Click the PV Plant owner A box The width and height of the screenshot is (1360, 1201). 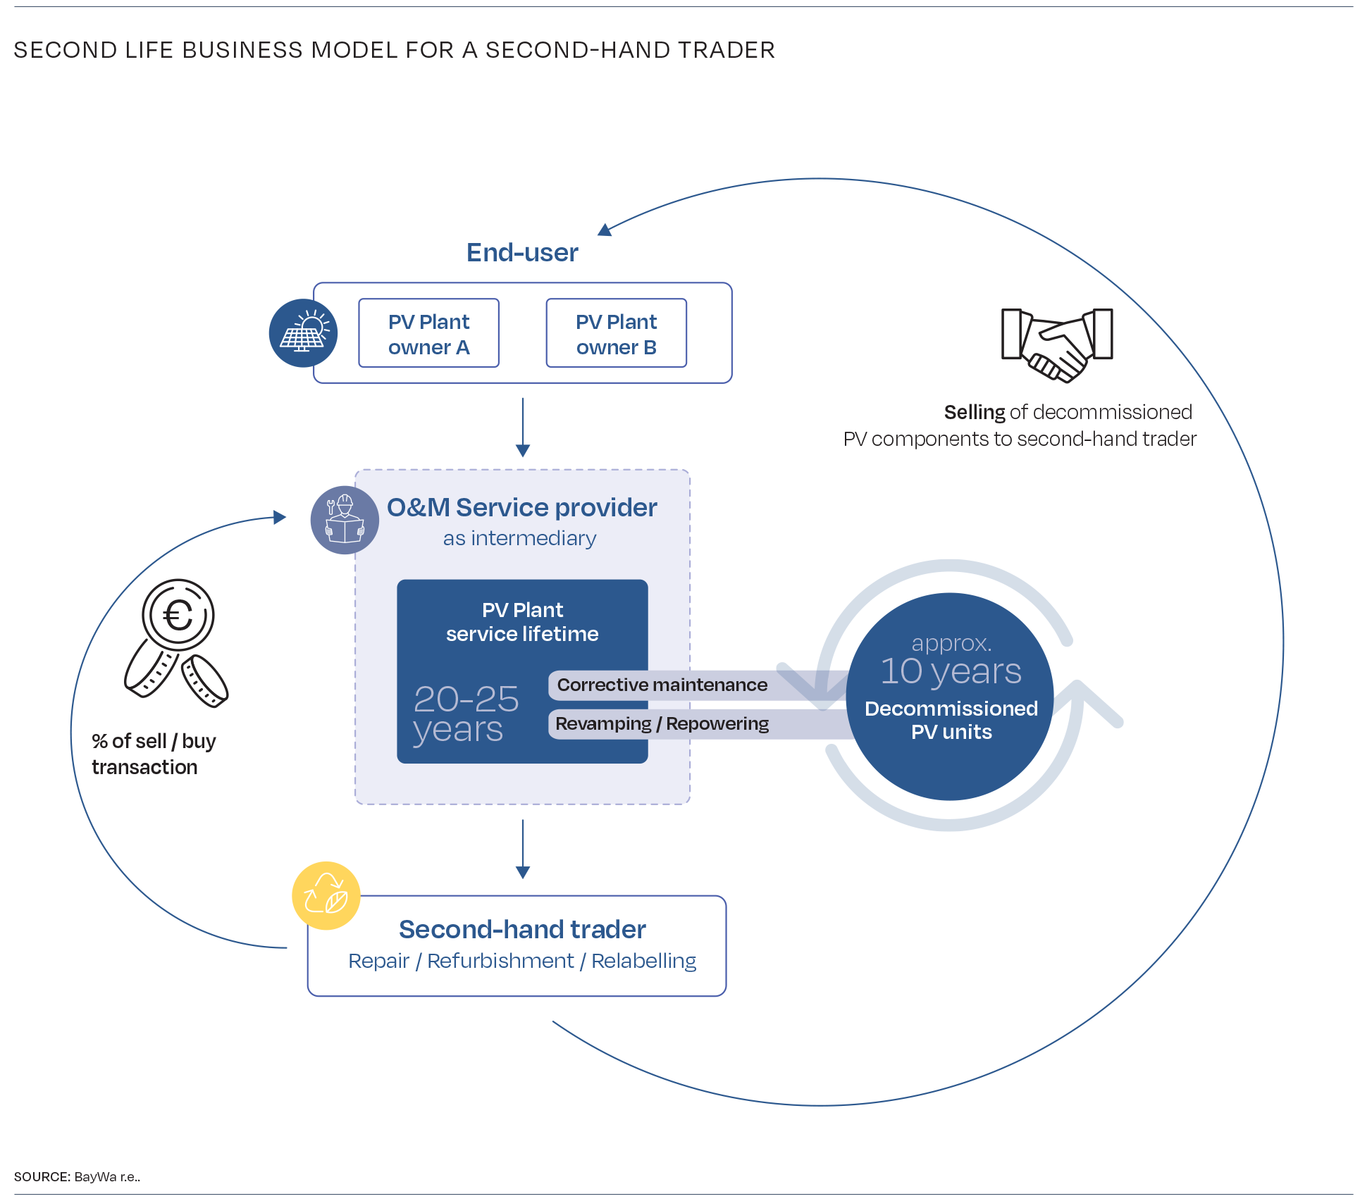point(428,333)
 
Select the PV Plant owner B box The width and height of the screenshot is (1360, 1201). point(617,333)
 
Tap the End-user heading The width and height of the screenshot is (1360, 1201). point(522,252)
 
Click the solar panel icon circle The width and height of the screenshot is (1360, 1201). point(303,333)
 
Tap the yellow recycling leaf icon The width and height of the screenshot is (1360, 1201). point(326,895)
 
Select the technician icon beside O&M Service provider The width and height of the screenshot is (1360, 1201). point(345,520)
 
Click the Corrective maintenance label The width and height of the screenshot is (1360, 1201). point(662,685)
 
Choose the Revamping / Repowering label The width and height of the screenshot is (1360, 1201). point(662,723)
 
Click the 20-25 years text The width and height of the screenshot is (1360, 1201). point(466,714)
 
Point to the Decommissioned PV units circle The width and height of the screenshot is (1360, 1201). point(950,697)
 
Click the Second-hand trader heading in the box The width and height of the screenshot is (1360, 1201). point(522,929)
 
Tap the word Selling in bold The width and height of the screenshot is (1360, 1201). point(975,412)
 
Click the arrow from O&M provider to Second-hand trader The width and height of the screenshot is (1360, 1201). point(523,849)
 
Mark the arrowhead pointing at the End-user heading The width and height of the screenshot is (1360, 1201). point(605,230)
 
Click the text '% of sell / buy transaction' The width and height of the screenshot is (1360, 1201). point(154,754)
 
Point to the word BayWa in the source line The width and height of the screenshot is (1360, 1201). point(95,1176)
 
